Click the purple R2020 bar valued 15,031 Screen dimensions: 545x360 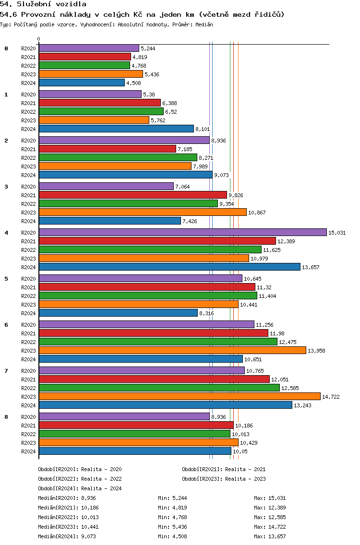(182, 233)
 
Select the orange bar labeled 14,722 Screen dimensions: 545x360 (180, 396)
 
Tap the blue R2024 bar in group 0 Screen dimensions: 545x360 (82, 83)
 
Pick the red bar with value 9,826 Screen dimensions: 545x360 (132, 195)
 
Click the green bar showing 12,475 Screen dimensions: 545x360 (158, 342)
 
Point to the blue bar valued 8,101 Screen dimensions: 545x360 (116, 129)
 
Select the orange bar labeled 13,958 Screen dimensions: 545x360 (172, 350)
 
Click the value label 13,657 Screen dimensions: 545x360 (311, 267)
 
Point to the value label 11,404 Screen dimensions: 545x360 (267, 296)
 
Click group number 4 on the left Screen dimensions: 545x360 (6, 233)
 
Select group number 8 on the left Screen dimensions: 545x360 (6, 417)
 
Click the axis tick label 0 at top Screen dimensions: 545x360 (38, 39)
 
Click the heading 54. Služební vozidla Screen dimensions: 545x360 (43, 4)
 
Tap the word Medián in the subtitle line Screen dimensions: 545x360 (204, 24)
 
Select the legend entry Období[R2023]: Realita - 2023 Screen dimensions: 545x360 (224, 479)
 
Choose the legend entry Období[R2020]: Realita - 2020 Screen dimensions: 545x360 (80, 469)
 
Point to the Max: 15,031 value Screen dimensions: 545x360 (270, 498)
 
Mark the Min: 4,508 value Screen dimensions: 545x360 (172, 536)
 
